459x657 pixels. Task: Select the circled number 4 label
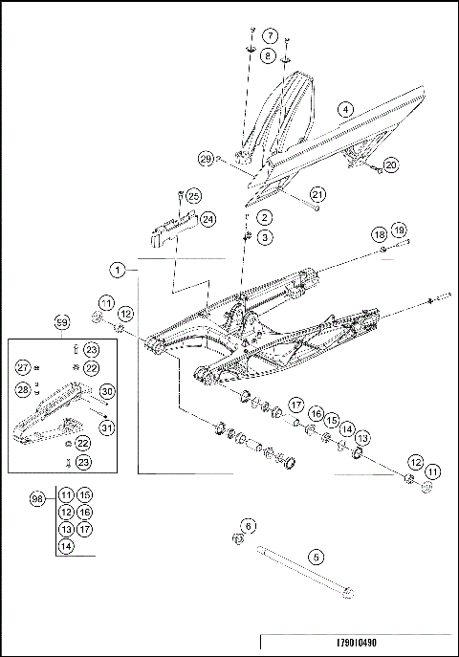(x=344, y=110)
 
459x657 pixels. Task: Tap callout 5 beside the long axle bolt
(x=314, y=556)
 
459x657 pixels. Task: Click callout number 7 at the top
(x=271, y=35)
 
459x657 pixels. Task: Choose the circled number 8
(x=271, y=56)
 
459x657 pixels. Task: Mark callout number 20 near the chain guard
(x=392, y=164)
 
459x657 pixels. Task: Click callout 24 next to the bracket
(x=208, y=219)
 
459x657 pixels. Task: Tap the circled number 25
(x=193, y=196)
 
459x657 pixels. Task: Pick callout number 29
(x=205, y=158)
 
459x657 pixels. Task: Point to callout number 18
(x=380, y=233)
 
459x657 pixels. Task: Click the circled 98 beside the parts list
(x=36, y=500)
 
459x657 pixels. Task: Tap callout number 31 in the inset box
(x=107, y=427)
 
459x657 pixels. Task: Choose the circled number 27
(x=22, y=367)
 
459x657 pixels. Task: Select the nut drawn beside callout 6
(x=237, y=541)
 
